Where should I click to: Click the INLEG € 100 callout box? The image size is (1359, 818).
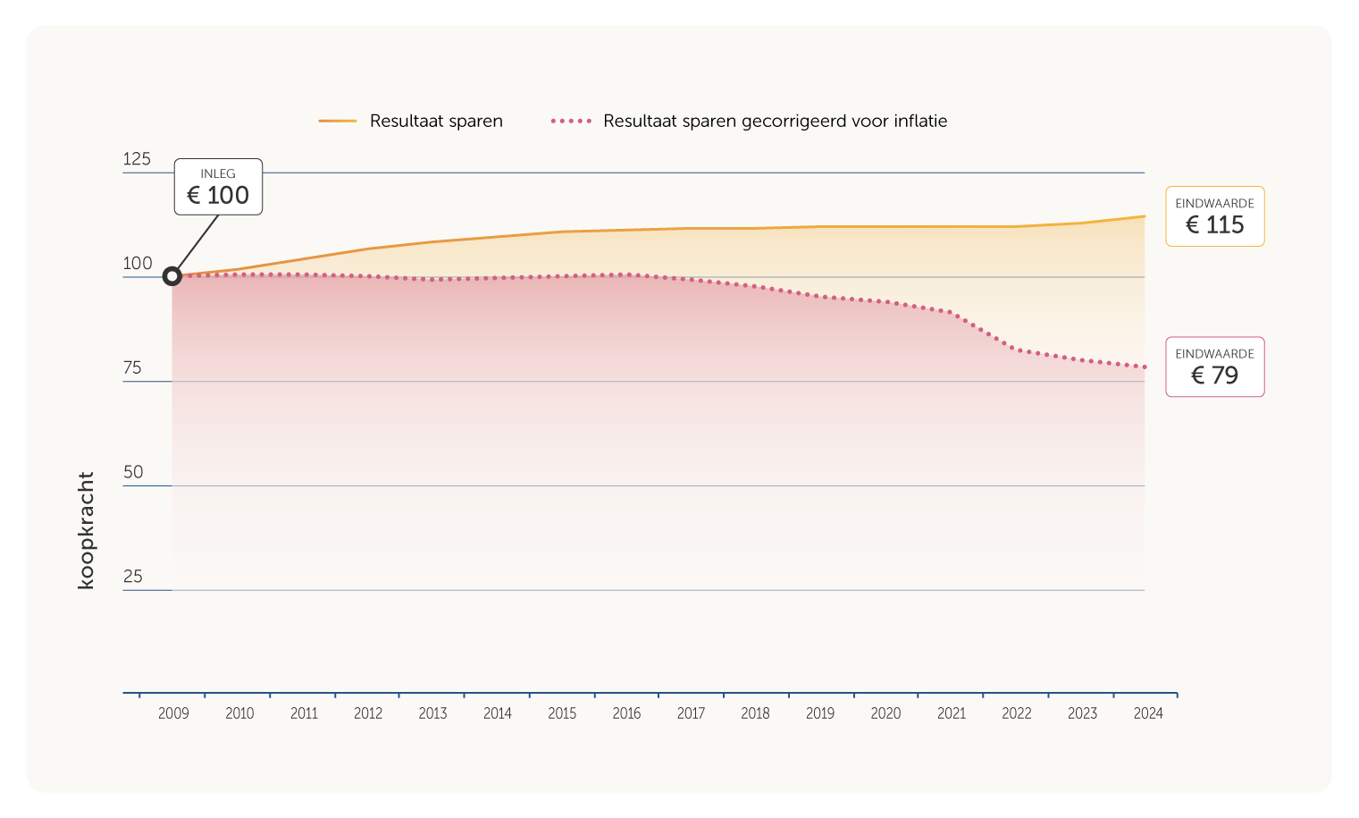click(x=218, y=187)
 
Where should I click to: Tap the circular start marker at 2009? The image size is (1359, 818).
click(x=172, y=276)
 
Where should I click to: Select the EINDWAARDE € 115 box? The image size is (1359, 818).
click(x=1214, y=216)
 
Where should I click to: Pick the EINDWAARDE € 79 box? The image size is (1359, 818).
click(x=1214, y=367)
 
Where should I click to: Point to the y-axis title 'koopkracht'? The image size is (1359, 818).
click(x=86, y=530)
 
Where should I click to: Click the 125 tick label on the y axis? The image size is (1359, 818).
click(x=137, y=159)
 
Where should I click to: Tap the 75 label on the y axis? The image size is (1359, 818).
click(x=132, y=367)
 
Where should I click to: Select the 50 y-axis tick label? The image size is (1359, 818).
click(x=133, y=472)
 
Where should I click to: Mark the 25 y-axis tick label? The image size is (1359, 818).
click(x=133, y=577)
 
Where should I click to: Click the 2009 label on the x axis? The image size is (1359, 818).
click(x=173, y=713)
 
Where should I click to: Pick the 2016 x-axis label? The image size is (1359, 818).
click(x=626, y=713)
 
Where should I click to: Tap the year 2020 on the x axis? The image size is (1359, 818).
click(x=885, y=713)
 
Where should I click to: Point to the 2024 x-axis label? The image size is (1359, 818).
click(x=1148, y=713)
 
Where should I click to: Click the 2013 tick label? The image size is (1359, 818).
click(x=432, y=713)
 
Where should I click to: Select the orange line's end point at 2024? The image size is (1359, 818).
click(x=1144, y=216)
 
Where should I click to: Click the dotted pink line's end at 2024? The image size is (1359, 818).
click(x=1144, y=367)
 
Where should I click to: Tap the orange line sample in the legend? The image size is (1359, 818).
click(x=338, y=121)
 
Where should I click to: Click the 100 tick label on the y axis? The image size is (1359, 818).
click(x=138, y=263)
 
